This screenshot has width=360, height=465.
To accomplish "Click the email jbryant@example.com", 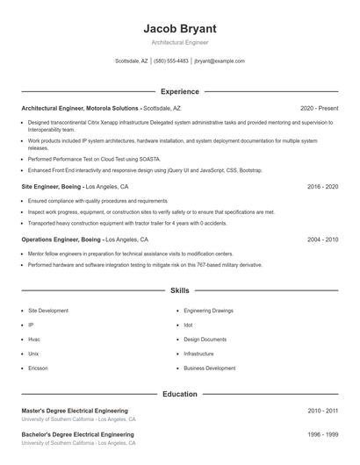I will pyautogui.click(x=220, y=61).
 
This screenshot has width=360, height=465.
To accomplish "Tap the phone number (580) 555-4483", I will pyautogui.click(x=171, y=61).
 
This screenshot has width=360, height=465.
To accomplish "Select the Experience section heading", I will pyautogui.click(x=179, y=91).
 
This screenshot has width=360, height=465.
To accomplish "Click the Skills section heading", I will pyautogui.click(x=179, y=290).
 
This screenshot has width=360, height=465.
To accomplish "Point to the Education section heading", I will pyautogui.click(x=179, y=394).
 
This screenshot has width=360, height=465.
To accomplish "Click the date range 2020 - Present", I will pyautogui.click(x=319, y=108).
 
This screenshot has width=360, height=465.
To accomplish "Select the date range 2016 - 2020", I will pyautogui.click(x=323, y=187).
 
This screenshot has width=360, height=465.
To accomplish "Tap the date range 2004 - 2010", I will pyautogui.click(x=323, y=240).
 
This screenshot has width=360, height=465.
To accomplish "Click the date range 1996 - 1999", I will pyautogui.click(x=323, y=434).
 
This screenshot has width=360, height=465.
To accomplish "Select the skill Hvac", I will pyautogui.click(x=34, y=339).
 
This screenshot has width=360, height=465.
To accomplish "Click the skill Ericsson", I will pyautogui.click(x=38, y=368).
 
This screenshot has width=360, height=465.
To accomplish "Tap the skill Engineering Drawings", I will pyautogui.click(x=209, y=311).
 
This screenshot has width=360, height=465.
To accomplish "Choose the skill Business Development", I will pyautogui.click(x=209, y=368).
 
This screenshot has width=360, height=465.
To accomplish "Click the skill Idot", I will pyautogui.click(x=189, y=325).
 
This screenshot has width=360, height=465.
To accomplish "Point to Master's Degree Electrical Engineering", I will pyautogui.click(x=75, y=411).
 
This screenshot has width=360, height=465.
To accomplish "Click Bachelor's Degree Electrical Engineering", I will pyautogui.click(x=77, y=434).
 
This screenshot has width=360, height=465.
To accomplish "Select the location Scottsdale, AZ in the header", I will pyautogui.click(x=132, y=61).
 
